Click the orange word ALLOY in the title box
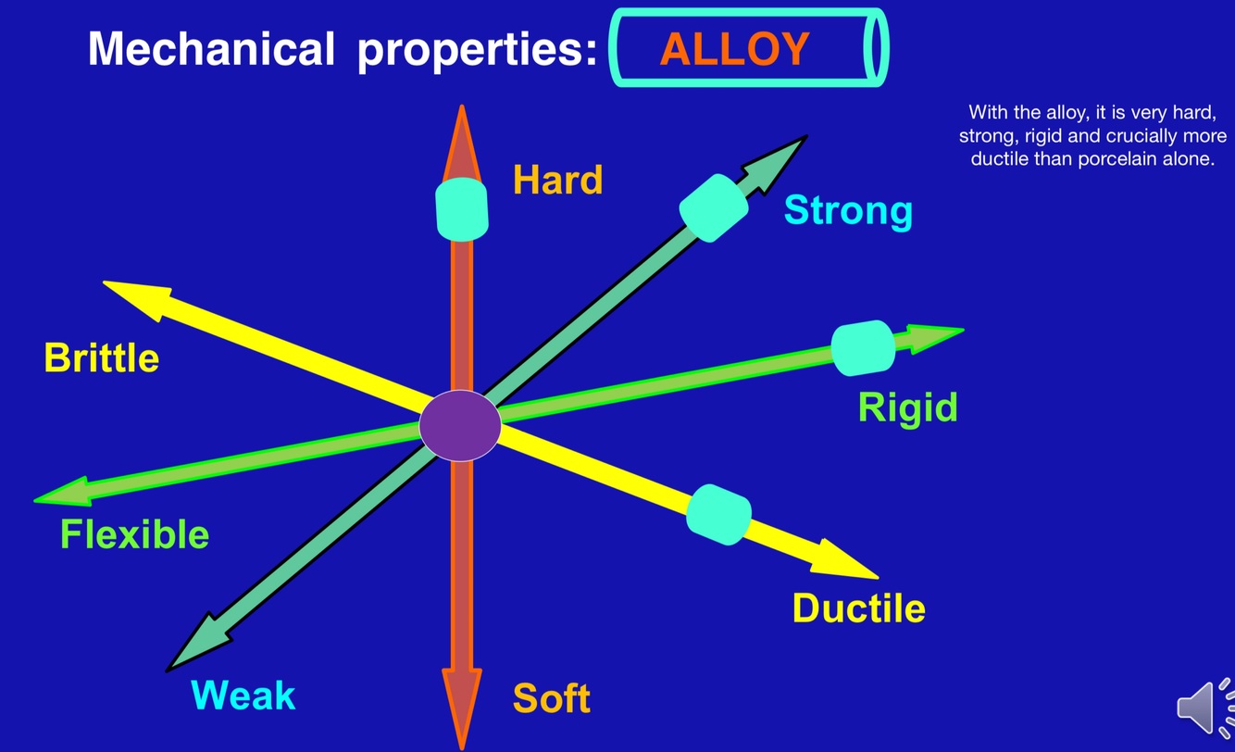pyautogui.click(x=734, y=49)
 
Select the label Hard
pyautogui.click(x=558, y=180)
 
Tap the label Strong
pyautogui.click(x=849, y=211)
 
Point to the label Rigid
pyautogui.click(x=908, y=408)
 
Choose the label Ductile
pyautogui.click(x=859, y=608)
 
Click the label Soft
pyautogui.click(x=552, y=698)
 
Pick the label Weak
pyautogui.click(x=243, y=696)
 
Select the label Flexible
pyautogui.click(x=134, y=534)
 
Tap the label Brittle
pyautogui.click(x=102, y=357)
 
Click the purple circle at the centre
pyautogui.click(x=460, y=425)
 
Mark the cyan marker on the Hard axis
pyautogui.click(x=461, y=209)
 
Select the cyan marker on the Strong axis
pyautogui.click(x=714, y=208)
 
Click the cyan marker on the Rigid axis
pyautogui.click(x=863, y=348)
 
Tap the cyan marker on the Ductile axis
pyautogui.click(x=719, y=515)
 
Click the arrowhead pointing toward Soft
pyautogui.click(x=462, y=707)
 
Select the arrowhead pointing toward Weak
pyautogui.click(x=197, y=645)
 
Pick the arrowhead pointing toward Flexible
pyautogui.click(x=63, y=493)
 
